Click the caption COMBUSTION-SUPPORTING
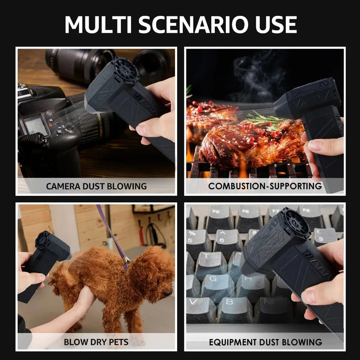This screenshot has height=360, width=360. tap(265, 186)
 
